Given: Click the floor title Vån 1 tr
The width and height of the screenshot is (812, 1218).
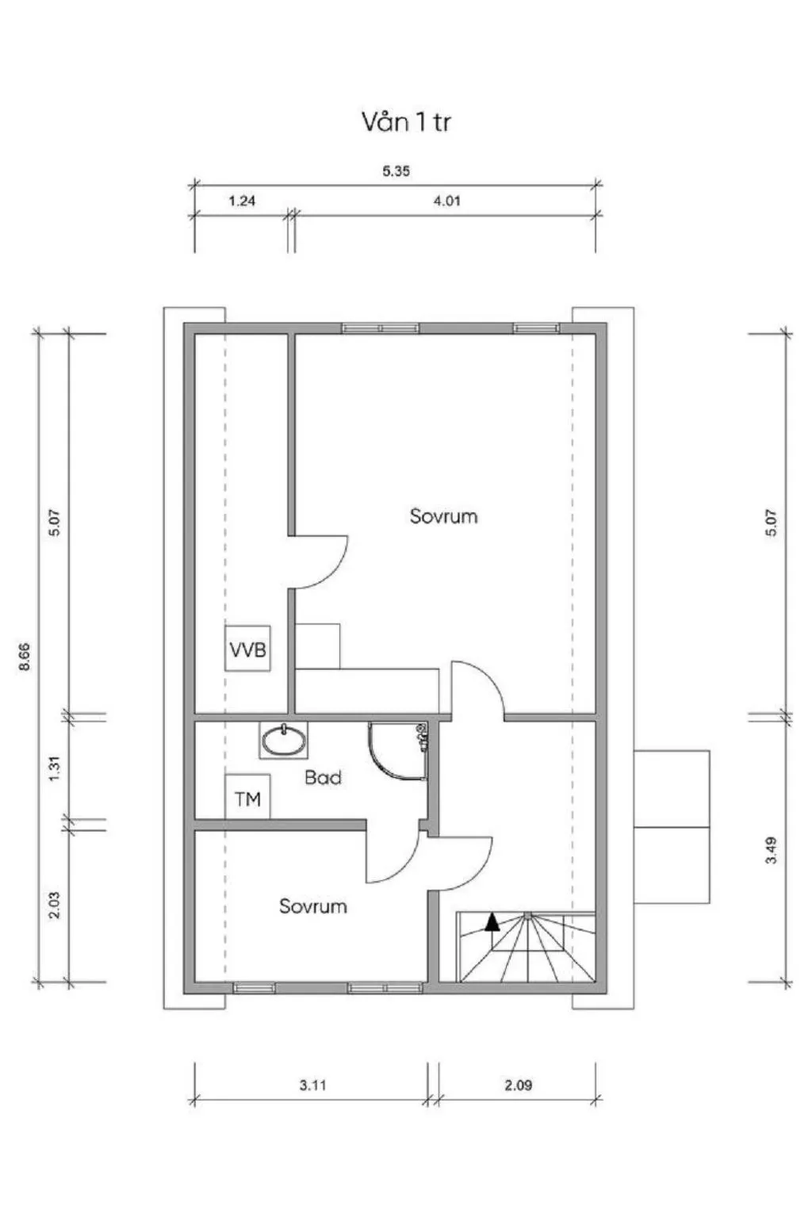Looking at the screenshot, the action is click(x=406, y=122).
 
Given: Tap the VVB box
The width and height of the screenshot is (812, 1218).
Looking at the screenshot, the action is click(x=247, y=648).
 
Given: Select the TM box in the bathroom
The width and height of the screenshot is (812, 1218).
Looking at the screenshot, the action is click(x=247, y=797).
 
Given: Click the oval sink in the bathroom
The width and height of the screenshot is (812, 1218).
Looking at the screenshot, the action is click(x=283, y=740).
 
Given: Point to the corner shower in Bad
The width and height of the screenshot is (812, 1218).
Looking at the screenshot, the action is click(x=398, y=751).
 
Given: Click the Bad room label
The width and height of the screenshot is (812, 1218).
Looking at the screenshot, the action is click(x=323, y=778).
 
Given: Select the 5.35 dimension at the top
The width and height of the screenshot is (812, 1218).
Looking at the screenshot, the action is click(x=396, y=170).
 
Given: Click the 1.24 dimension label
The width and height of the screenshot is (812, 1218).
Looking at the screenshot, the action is click(x=242, y=201).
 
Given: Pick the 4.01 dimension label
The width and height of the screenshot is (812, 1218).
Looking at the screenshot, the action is click(x=446, y=201).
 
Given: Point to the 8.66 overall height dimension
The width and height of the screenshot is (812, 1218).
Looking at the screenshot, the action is click(x=25, y=657).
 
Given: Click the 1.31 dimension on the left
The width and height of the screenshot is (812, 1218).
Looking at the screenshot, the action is click(x=55, y=769).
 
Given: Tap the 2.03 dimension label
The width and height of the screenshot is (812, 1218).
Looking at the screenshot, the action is click(x=55, y=906).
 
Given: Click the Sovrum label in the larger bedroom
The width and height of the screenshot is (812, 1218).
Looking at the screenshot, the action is click(x=444, y=516).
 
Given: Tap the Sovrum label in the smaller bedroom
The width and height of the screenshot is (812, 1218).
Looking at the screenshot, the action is click(x=312, y=906).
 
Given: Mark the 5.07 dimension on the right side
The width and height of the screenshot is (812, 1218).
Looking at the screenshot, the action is click(x=772, y=523).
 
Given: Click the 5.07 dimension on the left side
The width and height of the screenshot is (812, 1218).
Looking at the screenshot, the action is click(x=55, y=523).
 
